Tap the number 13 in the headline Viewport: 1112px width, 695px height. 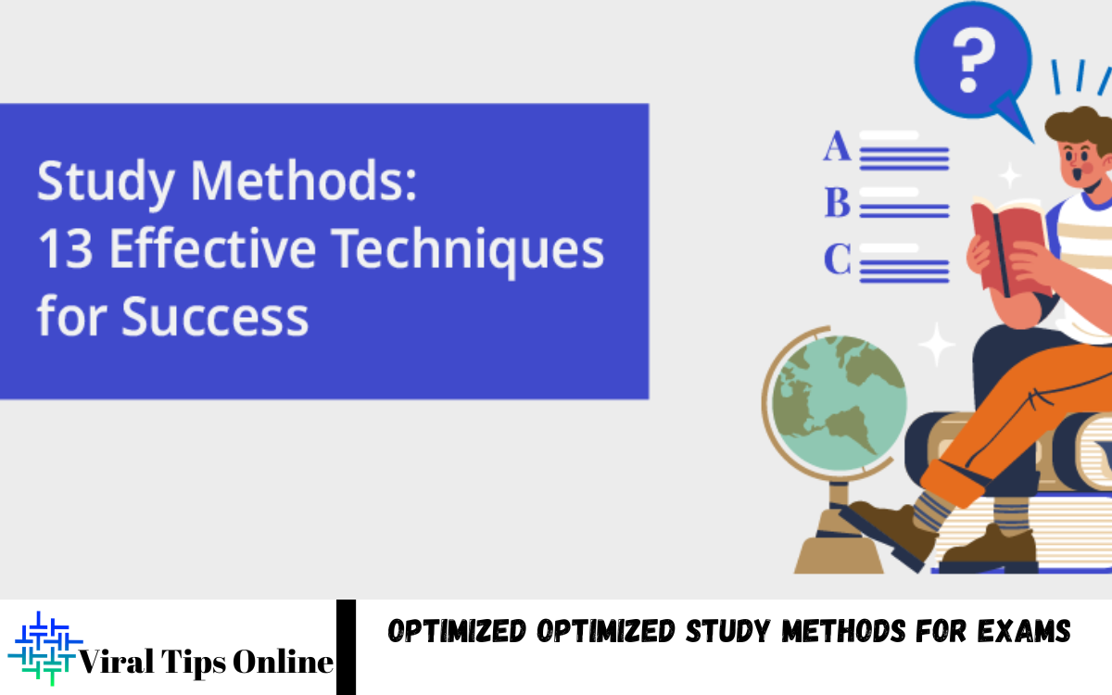tap(65, 249)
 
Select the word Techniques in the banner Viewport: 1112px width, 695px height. tap(467, 249)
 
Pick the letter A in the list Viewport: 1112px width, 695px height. tap(837, 147)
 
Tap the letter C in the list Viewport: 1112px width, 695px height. tap(837, 260)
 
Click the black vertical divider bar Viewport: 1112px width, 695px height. tap(346, 647)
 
